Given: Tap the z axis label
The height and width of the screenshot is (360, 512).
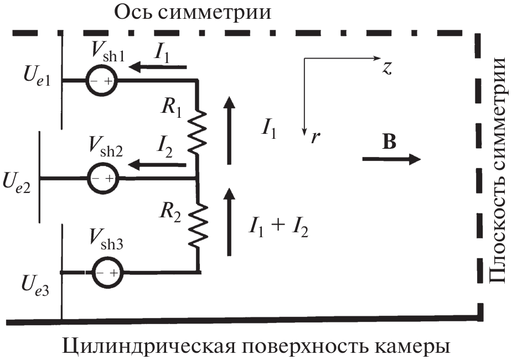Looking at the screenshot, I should [387, 67].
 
